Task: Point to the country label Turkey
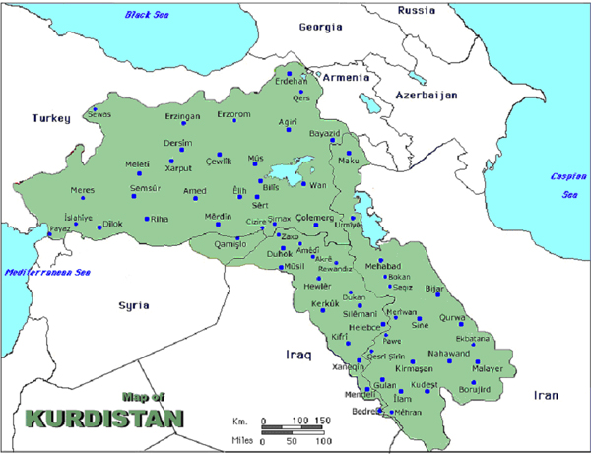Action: pyautogui.click(x=51, y=118)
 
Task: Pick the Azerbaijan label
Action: pyautogui.click(x=427, y=96)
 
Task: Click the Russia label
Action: pyautogui.click(x=416, y=10)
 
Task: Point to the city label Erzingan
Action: pyautogui.click(x=182, y=116)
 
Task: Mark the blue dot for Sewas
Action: pyautogui.click(x=96, y=108)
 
